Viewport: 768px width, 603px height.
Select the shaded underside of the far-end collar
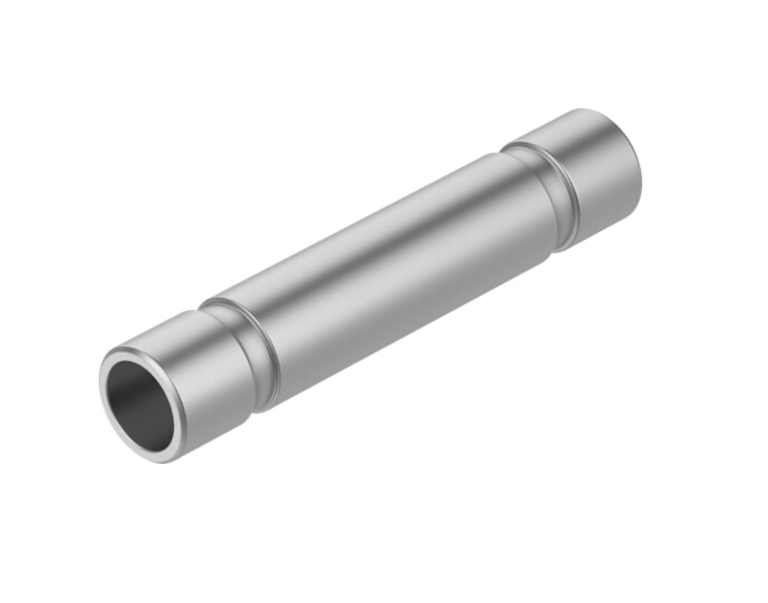click(609, 217)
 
